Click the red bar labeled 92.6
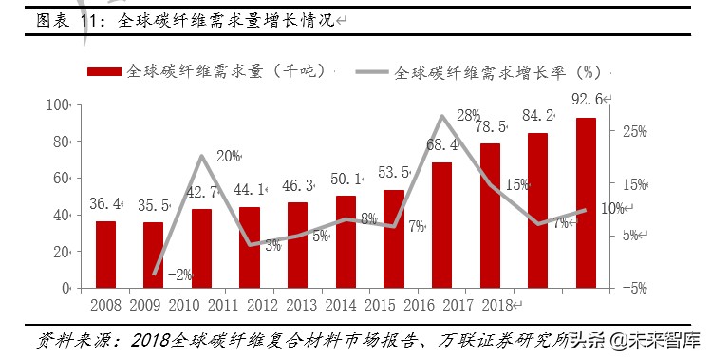click(586, 202)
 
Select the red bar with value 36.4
click(105, 255)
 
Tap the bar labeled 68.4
click(442, 225)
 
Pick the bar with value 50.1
click(346, 241)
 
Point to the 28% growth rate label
click(468, 116)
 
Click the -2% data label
click(179, 275)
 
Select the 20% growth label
click(229, 156)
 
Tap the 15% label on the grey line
click(516, 185)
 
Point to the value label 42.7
click(201, 191)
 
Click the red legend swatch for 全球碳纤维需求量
click(104, 71)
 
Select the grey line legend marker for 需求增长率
click(371, 71)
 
